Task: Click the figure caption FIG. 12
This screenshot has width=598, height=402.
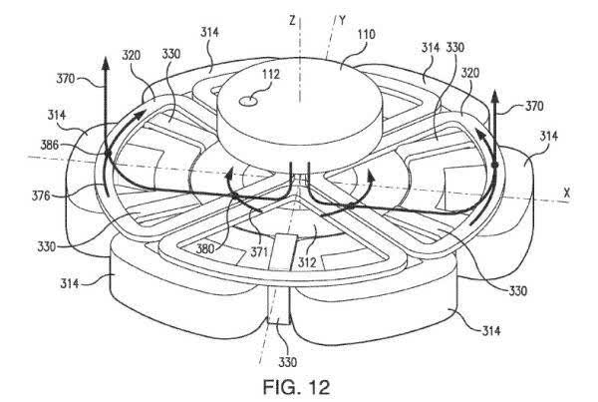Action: coord(296,387)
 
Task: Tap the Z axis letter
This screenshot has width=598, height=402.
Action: coord(292,20)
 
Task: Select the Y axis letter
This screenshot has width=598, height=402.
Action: coord(342,21)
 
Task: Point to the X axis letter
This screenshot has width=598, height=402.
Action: coord(567,193)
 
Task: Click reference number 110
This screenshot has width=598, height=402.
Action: coord(366,35)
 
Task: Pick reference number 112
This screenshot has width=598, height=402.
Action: coord(270,74)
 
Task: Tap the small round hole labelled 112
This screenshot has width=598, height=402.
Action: coord(247,101)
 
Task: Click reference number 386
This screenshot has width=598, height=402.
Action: coord(50,145)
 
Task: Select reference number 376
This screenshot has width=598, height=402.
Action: coord(41,196)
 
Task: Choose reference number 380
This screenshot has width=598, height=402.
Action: coord(205,249)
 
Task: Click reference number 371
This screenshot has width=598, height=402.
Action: coord(258,252)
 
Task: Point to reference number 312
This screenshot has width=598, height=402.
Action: coord(307,262)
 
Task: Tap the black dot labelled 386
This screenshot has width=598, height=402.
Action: coord(108,153)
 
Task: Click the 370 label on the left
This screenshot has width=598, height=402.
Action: coord(66,79)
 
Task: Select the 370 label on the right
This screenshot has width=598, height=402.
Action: coord(534,106)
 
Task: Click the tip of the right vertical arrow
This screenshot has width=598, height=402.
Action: coord(494,90)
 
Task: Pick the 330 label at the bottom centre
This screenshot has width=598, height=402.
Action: coord(288,361)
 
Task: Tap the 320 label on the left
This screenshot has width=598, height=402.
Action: coord(132,55)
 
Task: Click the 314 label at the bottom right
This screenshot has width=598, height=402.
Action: coord(491,330)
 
